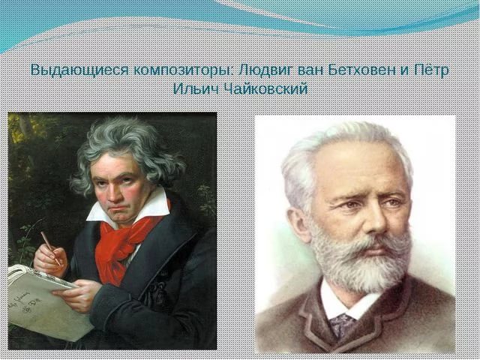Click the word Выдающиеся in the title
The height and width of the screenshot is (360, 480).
[79, 70]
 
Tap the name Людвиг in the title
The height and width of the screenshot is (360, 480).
[266, 70]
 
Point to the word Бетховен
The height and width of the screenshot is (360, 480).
[362, 70]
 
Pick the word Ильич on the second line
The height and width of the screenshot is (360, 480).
[196, 89]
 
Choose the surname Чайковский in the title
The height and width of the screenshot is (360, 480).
[265, 89]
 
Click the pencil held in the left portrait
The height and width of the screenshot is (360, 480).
[50, 248]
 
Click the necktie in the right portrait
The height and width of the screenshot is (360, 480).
[342, 325]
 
